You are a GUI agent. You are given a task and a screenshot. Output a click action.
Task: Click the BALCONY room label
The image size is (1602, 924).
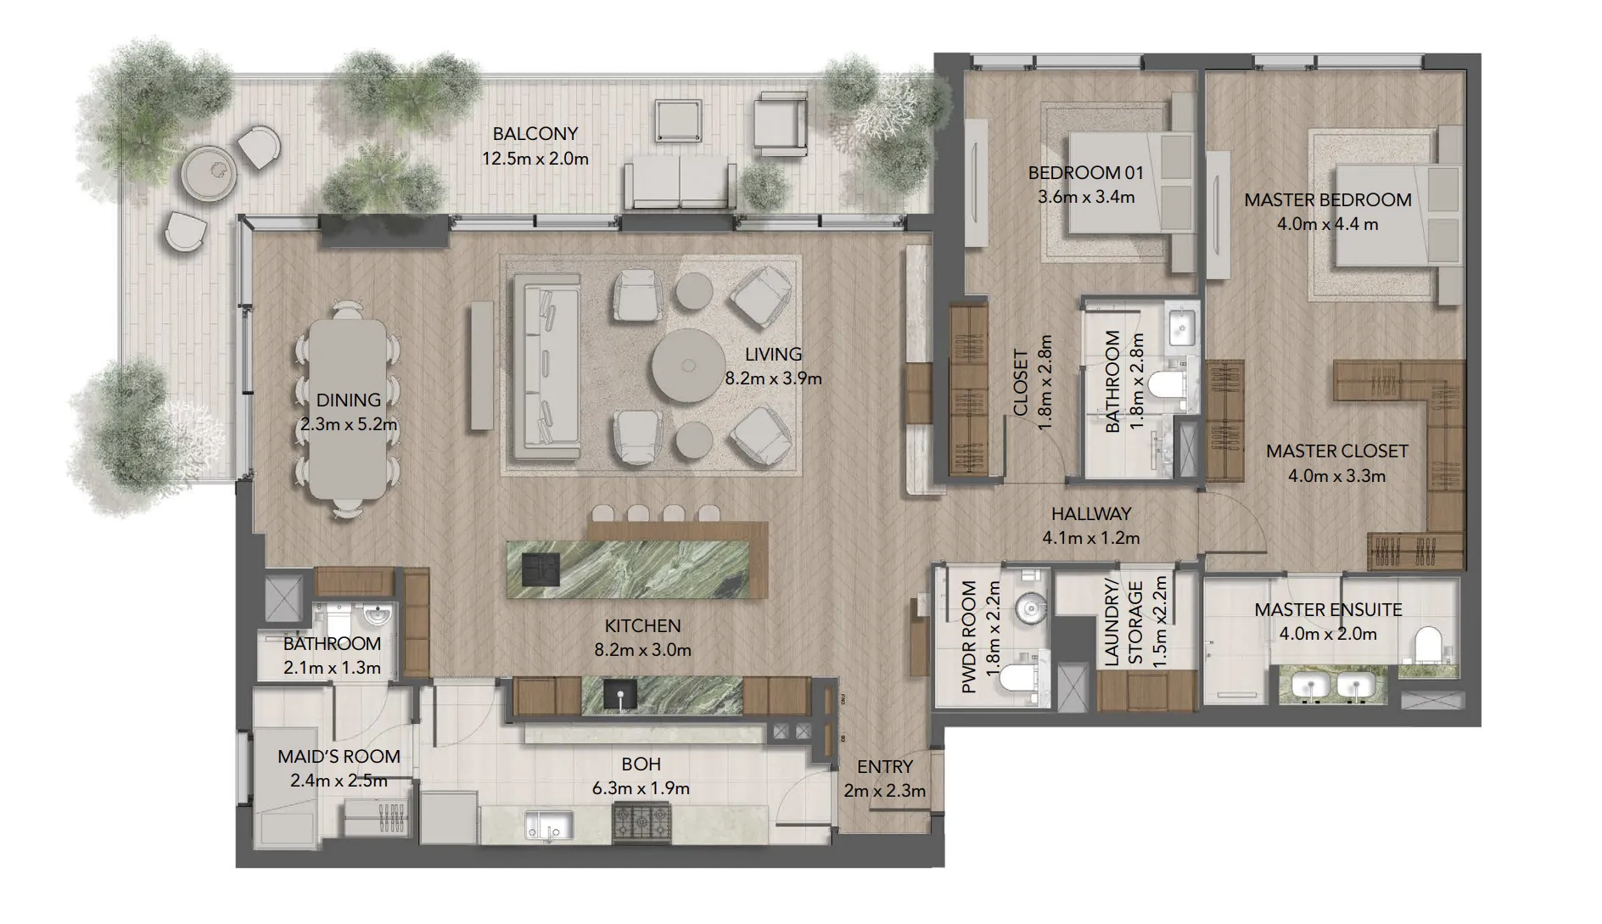click(x=535, y=133)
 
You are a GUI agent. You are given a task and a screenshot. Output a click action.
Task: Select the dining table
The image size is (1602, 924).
click(x=347, y=407)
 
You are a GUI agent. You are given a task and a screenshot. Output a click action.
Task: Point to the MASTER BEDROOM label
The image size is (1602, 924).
click(x=1328, y=200)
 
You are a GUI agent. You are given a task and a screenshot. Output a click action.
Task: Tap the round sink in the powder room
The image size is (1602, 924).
click(x=1031, y=607)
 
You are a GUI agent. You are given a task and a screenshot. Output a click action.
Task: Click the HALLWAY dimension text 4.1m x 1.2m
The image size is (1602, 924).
click(x=1090, y=538)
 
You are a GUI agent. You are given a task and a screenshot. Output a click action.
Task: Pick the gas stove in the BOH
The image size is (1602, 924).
click(x=641, y=823)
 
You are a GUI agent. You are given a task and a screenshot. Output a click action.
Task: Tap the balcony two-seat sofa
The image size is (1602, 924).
click(x=681, y=185)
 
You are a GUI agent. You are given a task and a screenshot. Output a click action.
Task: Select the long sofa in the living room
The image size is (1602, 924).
click(x=544, y=365)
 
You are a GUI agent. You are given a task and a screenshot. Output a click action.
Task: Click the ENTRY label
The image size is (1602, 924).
click(x=885, y=767)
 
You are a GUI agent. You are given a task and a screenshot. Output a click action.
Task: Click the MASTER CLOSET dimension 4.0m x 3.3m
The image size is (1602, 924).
click(x=1336, y=476)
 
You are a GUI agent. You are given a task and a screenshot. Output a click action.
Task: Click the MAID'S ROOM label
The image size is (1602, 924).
click(x=339, y=756)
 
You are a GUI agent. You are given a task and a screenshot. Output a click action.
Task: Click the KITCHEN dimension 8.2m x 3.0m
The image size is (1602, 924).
click(x=642, y=651)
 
